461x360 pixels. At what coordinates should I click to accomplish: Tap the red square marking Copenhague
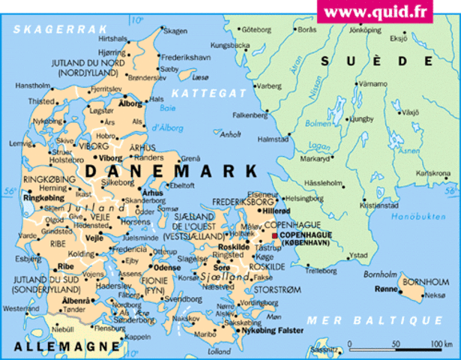click(x=275, y=235)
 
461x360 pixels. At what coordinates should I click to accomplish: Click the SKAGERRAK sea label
click(x=56, y=29)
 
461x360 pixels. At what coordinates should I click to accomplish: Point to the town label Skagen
click(x=175, y=31)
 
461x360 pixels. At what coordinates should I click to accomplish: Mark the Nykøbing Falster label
click(x=272, y=330)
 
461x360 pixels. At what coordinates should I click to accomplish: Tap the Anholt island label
click(x=231, y=135)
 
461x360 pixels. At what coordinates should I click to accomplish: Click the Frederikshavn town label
click(x=187, y=57)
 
